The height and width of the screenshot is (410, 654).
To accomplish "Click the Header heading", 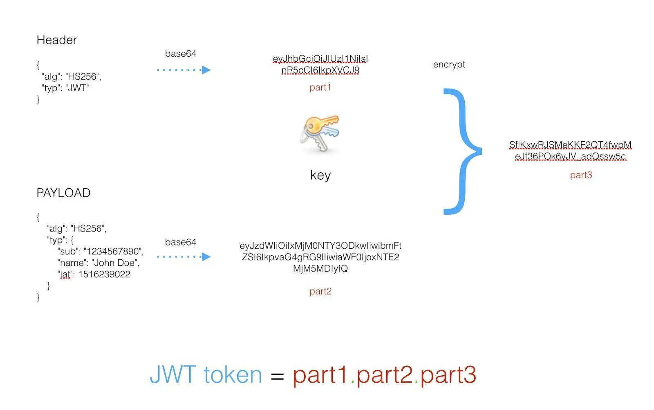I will [56, 40].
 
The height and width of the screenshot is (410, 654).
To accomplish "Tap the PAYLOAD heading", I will [63, 193].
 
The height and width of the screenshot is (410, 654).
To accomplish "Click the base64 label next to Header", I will [180, 53].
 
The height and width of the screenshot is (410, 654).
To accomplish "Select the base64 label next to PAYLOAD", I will [180, 242].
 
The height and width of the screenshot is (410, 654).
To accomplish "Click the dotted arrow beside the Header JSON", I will [184, 70].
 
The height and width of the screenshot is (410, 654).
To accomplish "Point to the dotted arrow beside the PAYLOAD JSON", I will [184, 257].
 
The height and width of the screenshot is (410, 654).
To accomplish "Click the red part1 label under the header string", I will [320, 87].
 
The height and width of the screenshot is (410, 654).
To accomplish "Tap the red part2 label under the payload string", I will [320, 292].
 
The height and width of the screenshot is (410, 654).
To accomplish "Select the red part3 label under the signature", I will [581, 175].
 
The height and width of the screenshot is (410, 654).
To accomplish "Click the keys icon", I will [320, 134].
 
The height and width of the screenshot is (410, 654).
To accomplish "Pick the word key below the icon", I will [320, 175].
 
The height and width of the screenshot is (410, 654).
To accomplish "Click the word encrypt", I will [449, 65].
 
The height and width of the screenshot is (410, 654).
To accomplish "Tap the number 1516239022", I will [104, 274].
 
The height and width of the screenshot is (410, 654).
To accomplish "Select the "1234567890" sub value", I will [113, 252].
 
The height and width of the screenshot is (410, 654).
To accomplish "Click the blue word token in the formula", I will [232, 375].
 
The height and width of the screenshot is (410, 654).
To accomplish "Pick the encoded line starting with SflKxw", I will [570, 145].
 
